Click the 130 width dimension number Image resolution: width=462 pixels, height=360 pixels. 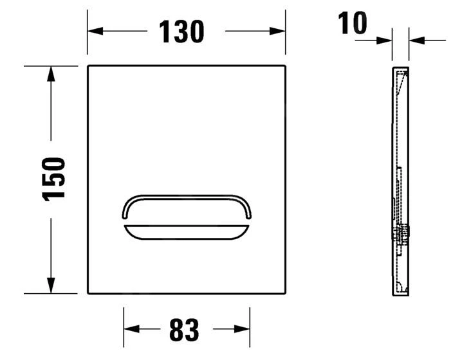tap(181, 31)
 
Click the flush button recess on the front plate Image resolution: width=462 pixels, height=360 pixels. tap(186, 216)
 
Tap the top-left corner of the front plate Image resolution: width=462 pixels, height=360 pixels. tap(89, 66)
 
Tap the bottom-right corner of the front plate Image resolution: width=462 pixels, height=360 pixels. tap(284, 293)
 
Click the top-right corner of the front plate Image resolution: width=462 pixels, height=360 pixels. tap(284, 66)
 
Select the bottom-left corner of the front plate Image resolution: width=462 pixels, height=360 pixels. tap(89, 293)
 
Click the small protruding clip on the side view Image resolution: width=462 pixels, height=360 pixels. tap(406, 234)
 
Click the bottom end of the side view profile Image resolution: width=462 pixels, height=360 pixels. tap(400, 293)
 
